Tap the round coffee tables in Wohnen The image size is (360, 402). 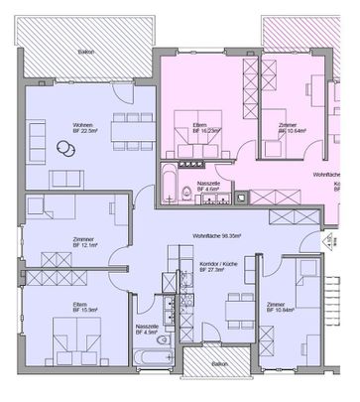point(65,148)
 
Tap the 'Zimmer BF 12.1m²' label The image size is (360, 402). point(84,243)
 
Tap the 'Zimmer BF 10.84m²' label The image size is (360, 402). point(284,308)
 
